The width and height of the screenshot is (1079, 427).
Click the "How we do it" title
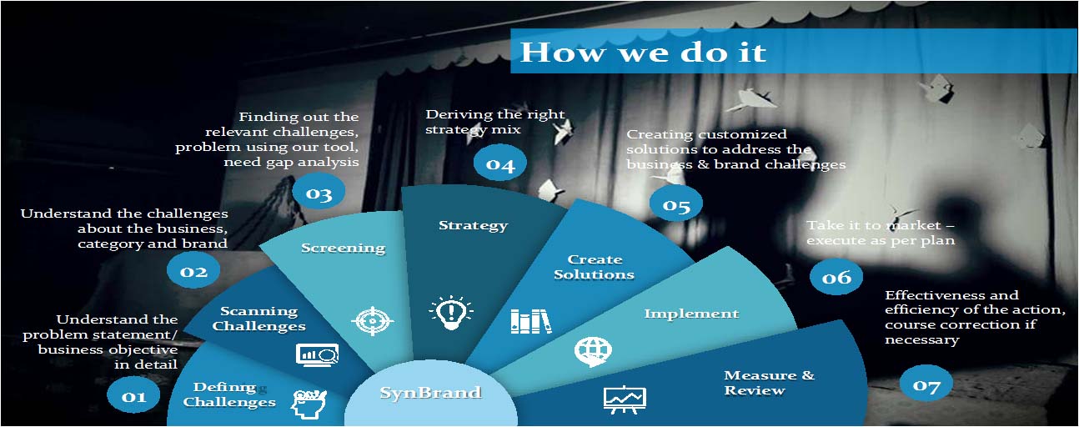pos(644,52)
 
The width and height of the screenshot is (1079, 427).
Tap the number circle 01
pos(133,396)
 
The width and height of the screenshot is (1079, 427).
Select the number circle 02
pos(193,271)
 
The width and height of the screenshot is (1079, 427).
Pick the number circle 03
pos(319,193)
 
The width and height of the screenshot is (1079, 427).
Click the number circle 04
pos(500,164)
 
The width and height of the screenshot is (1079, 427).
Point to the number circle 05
pos(676,205)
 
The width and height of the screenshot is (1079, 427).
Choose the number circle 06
pos(836,277)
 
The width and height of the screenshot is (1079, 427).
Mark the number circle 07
pos(926,385)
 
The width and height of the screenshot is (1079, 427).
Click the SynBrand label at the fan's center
pos(430,393)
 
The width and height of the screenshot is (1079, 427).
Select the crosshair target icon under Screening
pos(373,320)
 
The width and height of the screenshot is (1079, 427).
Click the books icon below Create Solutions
pos(531,321)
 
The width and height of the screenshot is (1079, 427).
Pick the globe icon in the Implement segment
pos(593,351)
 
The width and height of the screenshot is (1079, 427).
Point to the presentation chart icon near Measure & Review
pos(625,399)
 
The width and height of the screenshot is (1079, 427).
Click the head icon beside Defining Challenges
pos(309,404)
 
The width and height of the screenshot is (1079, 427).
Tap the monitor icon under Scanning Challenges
pos(318,355)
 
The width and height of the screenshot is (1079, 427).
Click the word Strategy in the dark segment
pos(473,226)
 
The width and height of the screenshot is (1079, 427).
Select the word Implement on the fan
pos(691,314)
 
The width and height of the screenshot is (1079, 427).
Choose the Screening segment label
pos(343,248)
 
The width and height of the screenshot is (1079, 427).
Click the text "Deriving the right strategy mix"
pos(494,122)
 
